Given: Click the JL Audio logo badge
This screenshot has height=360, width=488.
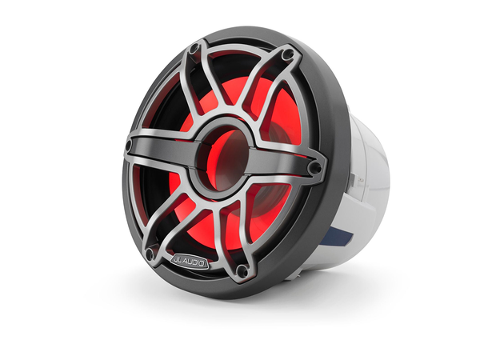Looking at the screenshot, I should coord(190,262).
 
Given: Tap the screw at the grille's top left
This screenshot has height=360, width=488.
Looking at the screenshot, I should coord(193,50).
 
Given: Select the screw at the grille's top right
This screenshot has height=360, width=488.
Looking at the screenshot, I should coord(286,54).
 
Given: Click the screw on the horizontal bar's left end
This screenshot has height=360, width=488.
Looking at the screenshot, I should coord(130,144).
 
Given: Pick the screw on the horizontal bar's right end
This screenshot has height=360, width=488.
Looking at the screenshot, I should coord(316,168).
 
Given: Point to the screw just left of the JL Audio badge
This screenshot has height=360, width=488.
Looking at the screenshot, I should coord(150,254).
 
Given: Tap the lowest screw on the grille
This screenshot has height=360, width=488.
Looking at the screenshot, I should coord(242,271).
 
